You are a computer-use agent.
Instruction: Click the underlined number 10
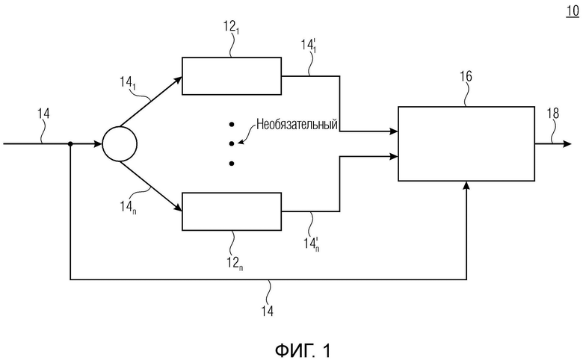(x=573, y=11)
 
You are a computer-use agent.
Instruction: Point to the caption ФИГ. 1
(x=303, y=350)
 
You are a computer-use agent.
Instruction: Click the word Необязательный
(x=297, y=124)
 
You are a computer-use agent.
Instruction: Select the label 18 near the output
(x=553, y=114)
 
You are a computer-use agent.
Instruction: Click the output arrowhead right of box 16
(x=567, y=144)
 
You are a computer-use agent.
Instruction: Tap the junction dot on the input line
(x=70, y=144)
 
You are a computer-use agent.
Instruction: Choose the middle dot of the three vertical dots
(x=231, y=144)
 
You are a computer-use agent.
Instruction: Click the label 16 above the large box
(x=466, y=76)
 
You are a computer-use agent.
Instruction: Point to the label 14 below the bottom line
(x=267, y=311)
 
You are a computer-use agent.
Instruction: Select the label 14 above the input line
(x=43, y=114)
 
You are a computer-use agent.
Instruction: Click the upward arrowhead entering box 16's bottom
(x=466, y=185)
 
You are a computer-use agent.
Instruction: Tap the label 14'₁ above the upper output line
(x=309, y=46)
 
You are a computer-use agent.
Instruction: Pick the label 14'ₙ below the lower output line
(x=311, y=244)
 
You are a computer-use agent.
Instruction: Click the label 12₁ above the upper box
(x=231, y=27)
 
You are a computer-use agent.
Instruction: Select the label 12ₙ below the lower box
(x=235, y=264)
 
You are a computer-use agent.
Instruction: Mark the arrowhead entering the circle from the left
(x=98, y=144)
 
